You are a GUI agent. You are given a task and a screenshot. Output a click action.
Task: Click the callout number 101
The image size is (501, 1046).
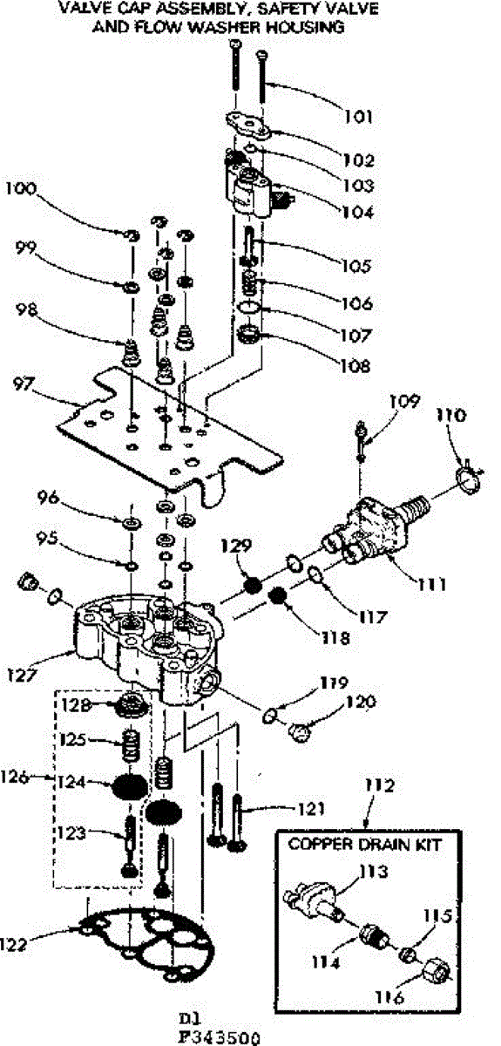[x=359, y=116]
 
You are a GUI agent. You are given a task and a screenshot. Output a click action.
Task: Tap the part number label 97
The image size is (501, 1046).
[x=24, y=384]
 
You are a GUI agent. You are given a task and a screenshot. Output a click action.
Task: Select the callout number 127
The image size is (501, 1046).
[x=22, y=675]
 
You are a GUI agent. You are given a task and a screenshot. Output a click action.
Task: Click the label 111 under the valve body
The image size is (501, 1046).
[x=431, y=584]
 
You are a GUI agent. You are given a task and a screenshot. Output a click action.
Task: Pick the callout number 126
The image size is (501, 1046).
[x=15, y=777]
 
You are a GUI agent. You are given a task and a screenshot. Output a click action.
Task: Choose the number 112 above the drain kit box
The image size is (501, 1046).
[x=380, y=785]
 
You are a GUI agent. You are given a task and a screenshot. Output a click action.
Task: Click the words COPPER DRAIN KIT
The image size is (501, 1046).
[x=365, y=845]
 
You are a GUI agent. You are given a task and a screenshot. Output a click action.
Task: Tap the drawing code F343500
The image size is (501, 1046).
[x=219, y=1038]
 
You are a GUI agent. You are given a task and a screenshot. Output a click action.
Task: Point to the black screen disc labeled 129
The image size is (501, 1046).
[x=253, y=585]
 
